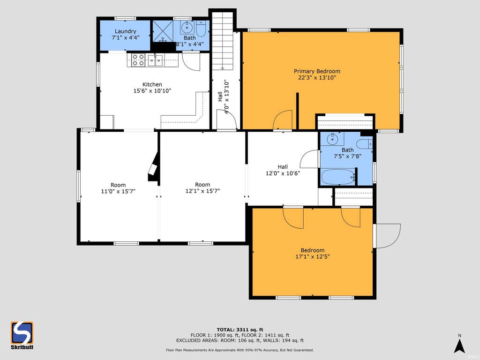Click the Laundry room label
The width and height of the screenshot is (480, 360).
click(x=126, y=31)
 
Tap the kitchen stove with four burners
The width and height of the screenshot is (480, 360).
click(x=138, y=60)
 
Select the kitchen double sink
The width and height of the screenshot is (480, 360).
click(x=155, y=60)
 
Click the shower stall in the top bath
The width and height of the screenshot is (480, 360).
click(x=163, y=31)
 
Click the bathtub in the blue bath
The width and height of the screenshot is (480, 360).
click(x=338, y=177)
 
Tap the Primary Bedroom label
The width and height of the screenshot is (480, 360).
click(x=317, y=71)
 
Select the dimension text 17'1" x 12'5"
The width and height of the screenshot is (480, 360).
click(x=312, y=256)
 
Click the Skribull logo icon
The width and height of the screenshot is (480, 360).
click(x=22, y=333)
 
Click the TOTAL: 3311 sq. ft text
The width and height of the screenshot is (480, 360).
click(x=240, y=330)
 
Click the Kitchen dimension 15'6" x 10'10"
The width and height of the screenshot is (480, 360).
click(x=152, y=90)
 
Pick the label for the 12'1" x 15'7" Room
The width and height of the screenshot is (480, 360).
click(x=202, y=185)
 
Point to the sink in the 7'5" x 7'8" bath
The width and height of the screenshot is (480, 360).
click(x=332, y=139)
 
